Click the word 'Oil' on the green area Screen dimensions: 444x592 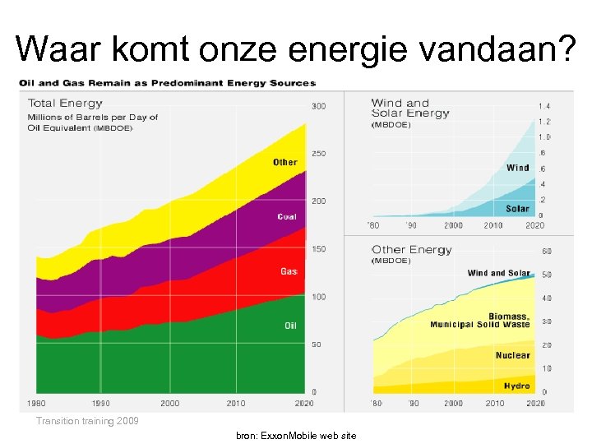[290, 326]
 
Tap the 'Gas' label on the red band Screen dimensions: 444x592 [289, 271]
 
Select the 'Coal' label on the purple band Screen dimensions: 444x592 [287, 217]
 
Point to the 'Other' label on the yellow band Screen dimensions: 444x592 [285, 162]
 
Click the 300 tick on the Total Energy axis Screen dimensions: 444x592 [317, 106]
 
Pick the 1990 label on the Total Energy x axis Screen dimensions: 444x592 [100, 403]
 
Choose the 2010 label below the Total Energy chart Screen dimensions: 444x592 [235, 403]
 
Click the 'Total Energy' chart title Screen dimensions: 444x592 [66, 104]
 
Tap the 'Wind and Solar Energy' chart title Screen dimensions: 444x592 [410, 109]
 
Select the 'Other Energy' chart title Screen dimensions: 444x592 [412, 250]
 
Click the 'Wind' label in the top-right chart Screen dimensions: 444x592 [518, 168]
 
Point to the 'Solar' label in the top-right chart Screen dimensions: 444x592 [518, 209]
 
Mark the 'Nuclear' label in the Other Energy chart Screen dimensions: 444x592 [513, 355]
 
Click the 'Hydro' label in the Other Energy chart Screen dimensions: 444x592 [517, 386]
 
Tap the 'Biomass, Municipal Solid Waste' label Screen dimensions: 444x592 [480, 321]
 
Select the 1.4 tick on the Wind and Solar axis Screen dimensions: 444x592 [544, 106]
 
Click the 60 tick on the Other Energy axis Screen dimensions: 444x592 [547, 251]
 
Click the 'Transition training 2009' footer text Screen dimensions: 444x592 [88, 421]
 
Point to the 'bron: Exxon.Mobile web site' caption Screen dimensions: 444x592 [296, 435]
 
